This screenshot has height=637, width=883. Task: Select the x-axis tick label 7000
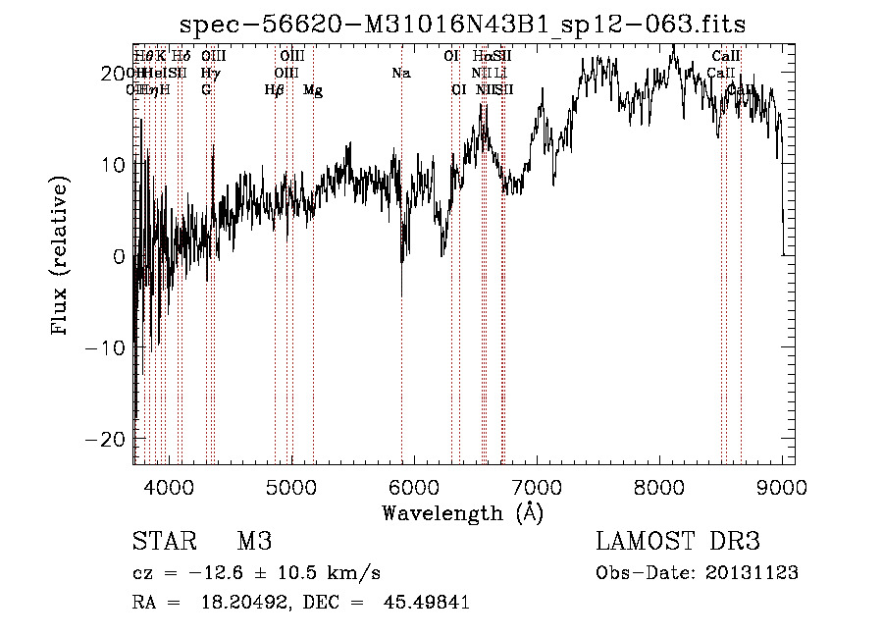coord(537,486)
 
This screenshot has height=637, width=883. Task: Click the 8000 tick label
coord(659,486)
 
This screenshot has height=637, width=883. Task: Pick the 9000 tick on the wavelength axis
coord(782,486)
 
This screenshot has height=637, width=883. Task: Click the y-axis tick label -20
coord(106,438)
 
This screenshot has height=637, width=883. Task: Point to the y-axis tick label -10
coord(106,346)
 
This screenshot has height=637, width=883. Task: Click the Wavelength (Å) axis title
coord(462,512)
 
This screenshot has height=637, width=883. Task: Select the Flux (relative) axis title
coord(61,256)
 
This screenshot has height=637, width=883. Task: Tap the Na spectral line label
coord(400,74)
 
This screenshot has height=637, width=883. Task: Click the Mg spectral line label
coord(313,90)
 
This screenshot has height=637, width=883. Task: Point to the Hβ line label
coord(275,90)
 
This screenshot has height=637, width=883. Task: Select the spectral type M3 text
coord(254,542)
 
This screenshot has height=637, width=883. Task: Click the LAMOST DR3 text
coord(677,542)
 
